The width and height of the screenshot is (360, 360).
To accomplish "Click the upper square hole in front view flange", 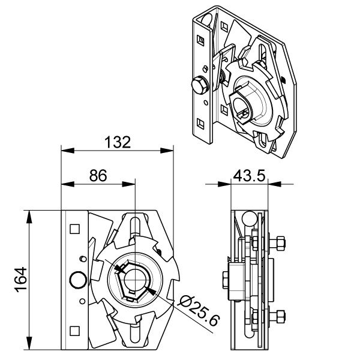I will (75, 229).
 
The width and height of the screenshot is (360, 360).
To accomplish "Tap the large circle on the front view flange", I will (77, 280).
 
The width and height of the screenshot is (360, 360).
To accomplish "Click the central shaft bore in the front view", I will (135, 280).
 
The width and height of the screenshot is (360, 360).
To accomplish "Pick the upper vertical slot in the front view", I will (135, 226).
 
